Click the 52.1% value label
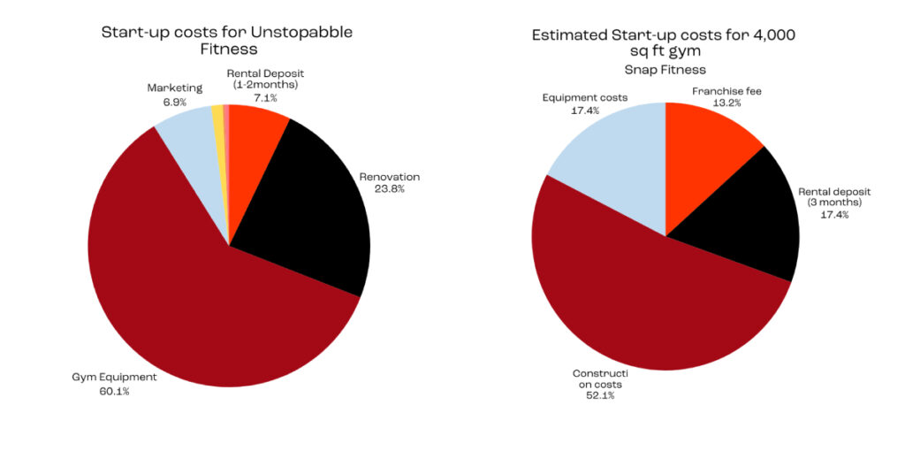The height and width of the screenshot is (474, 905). tap(597, 395)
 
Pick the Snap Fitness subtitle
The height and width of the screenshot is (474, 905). tap(664, 69)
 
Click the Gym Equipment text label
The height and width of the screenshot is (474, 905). tap(114, 378)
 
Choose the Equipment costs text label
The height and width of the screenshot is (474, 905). tap(585, 97)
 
